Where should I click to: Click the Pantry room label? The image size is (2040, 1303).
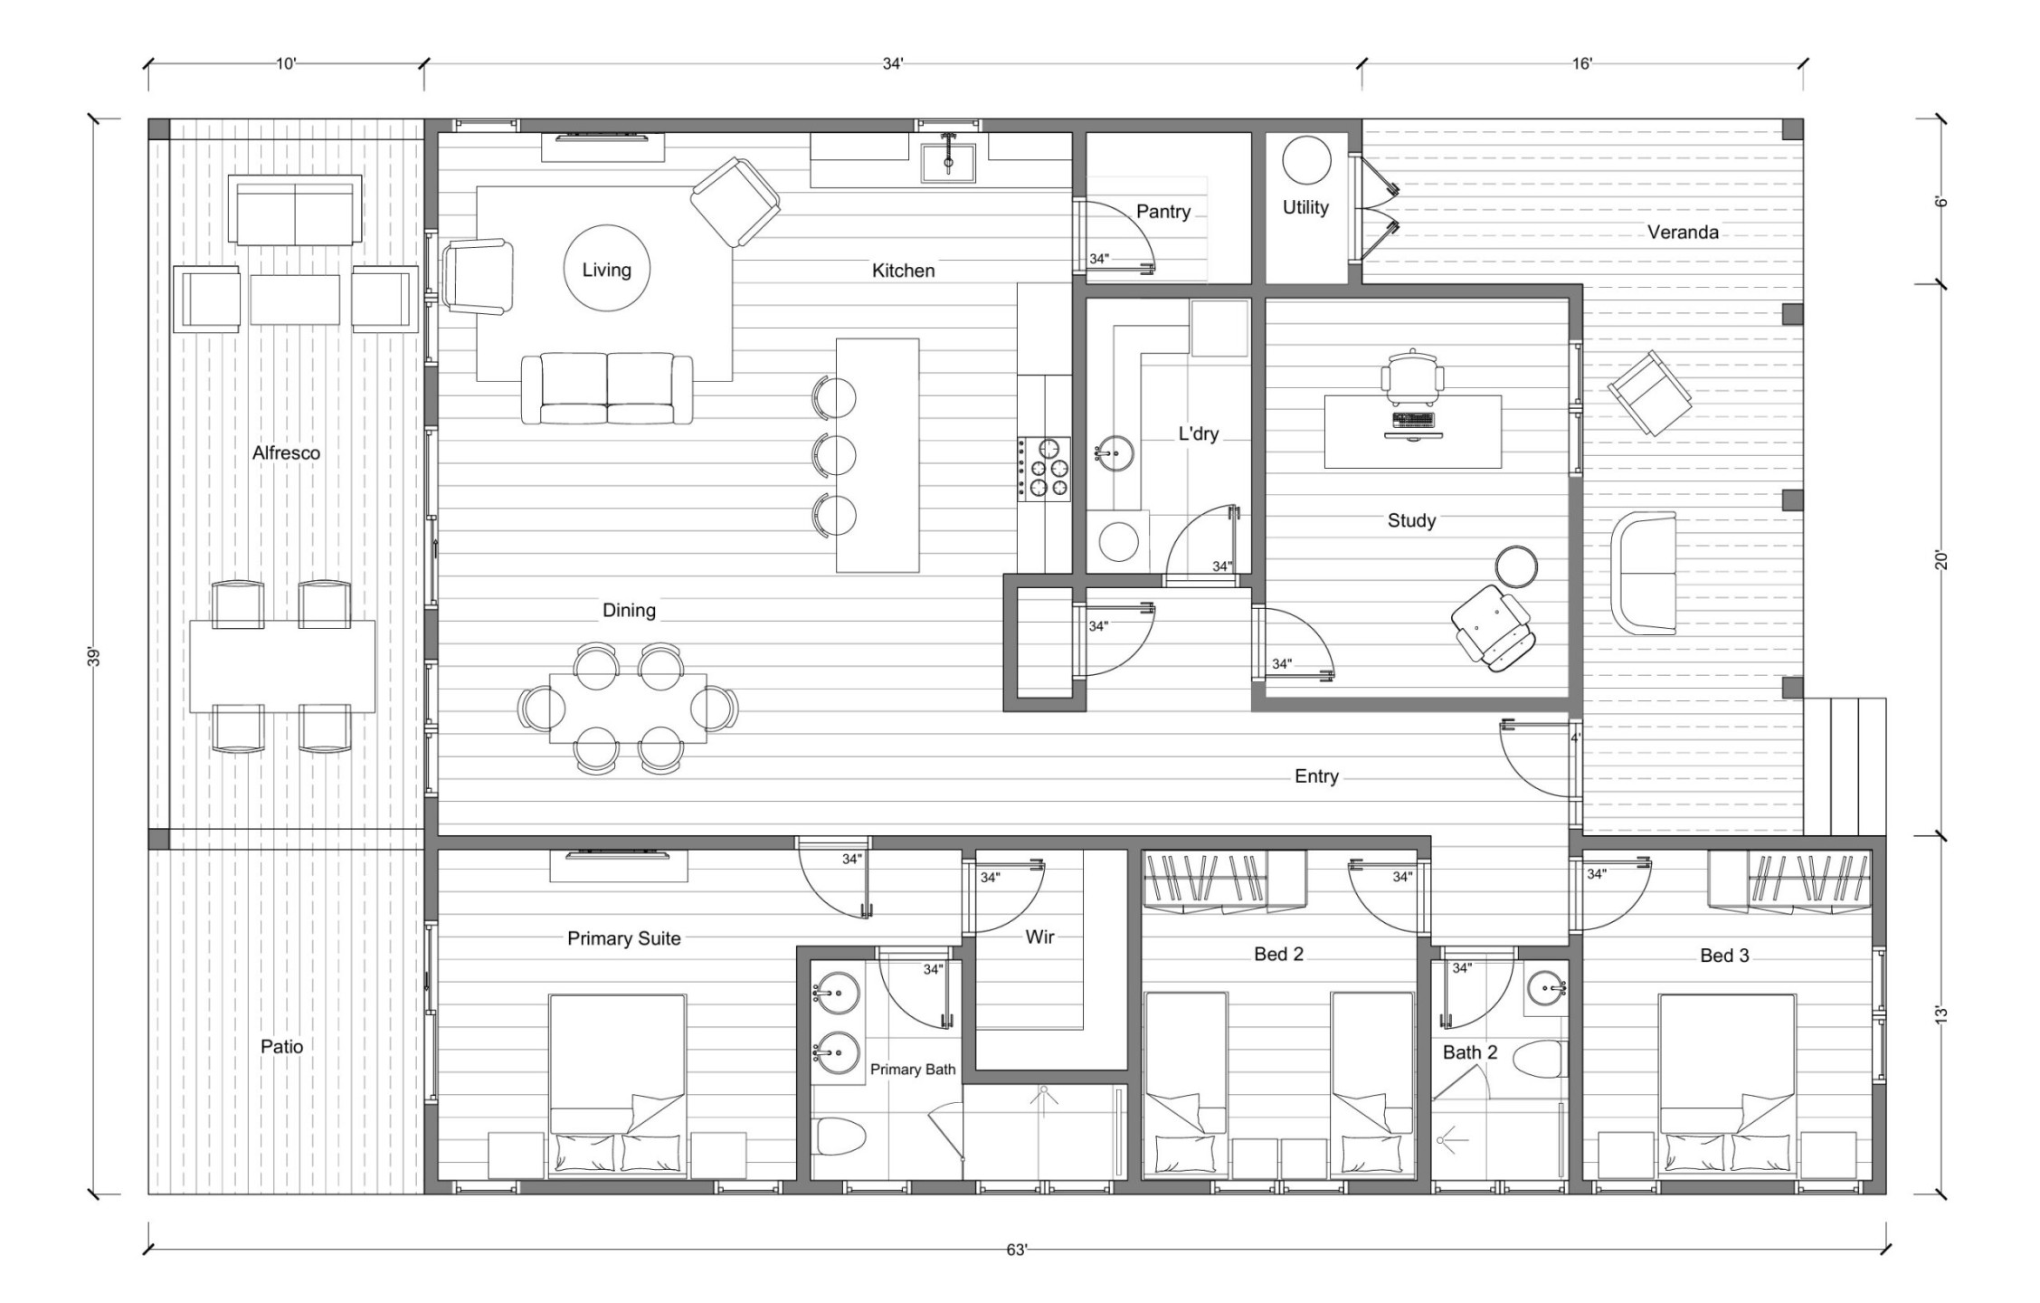pos(1162,212)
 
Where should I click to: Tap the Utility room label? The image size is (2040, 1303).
pos(1305,207)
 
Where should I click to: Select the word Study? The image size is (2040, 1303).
pos(1411,520)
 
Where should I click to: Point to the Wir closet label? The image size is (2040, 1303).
pos(1039,937)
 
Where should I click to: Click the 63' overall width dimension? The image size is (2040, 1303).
pos(1017,1250)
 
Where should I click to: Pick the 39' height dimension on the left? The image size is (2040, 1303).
pos(93,656)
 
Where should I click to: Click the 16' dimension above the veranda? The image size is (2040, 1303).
pos(1581,63)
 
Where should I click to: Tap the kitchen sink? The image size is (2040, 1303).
pos(948,163)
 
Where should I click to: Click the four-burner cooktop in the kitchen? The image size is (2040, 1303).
pos(1044,469)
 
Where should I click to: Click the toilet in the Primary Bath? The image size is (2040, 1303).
pos(840,1136)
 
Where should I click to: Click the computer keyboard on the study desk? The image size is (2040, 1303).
pos(1414,419)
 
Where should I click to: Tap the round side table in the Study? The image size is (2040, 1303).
pos(1515,566)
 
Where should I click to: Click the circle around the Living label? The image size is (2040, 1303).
pos(606,226)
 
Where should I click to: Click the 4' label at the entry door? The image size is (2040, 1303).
pos(1575,737)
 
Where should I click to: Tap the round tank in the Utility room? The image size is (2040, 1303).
pos(1306,161)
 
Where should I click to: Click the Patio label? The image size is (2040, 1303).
pos(281,1046)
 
